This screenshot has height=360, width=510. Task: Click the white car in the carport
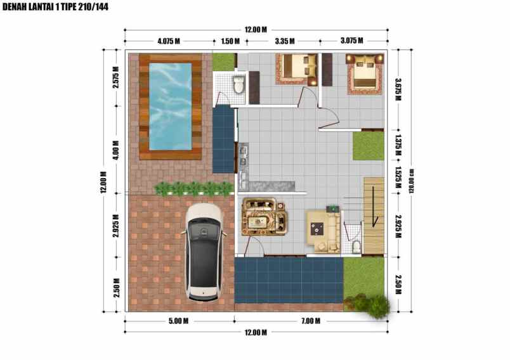[x=203, y=252]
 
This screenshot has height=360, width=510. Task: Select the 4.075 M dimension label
[x=169, y=41]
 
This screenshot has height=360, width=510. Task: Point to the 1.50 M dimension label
[x=230, y=41]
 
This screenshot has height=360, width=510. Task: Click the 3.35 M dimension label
[x=285, y=41]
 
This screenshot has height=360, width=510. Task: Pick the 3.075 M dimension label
[x=351, y=41]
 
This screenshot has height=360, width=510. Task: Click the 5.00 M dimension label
[x=178, y=321]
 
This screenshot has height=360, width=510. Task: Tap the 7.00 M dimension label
[x=310, y=321]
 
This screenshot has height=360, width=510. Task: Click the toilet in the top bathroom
[x=239, y=84]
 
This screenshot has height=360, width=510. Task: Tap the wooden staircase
[x=374, y=214]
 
